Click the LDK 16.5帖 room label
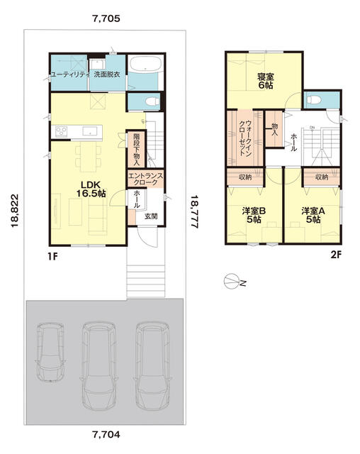(91, 189)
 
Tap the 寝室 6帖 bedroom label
(266, 82)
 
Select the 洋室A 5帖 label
(313, 215)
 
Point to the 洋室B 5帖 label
(254, 215)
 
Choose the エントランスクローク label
(145, 179)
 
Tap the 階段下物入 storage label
(137, 150)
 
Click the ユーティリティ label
(70, 74)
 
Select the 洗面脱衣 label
(107, 74)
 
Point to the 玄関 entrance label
(151, 216)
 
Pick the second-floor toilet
(314, 99)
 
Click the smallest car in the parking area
(50, 352)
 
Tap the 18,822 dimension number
(15, 211)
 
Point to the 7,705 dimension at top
(106, 19)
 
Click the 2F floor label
(336, 255)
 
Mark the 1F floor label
(53, 256)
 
